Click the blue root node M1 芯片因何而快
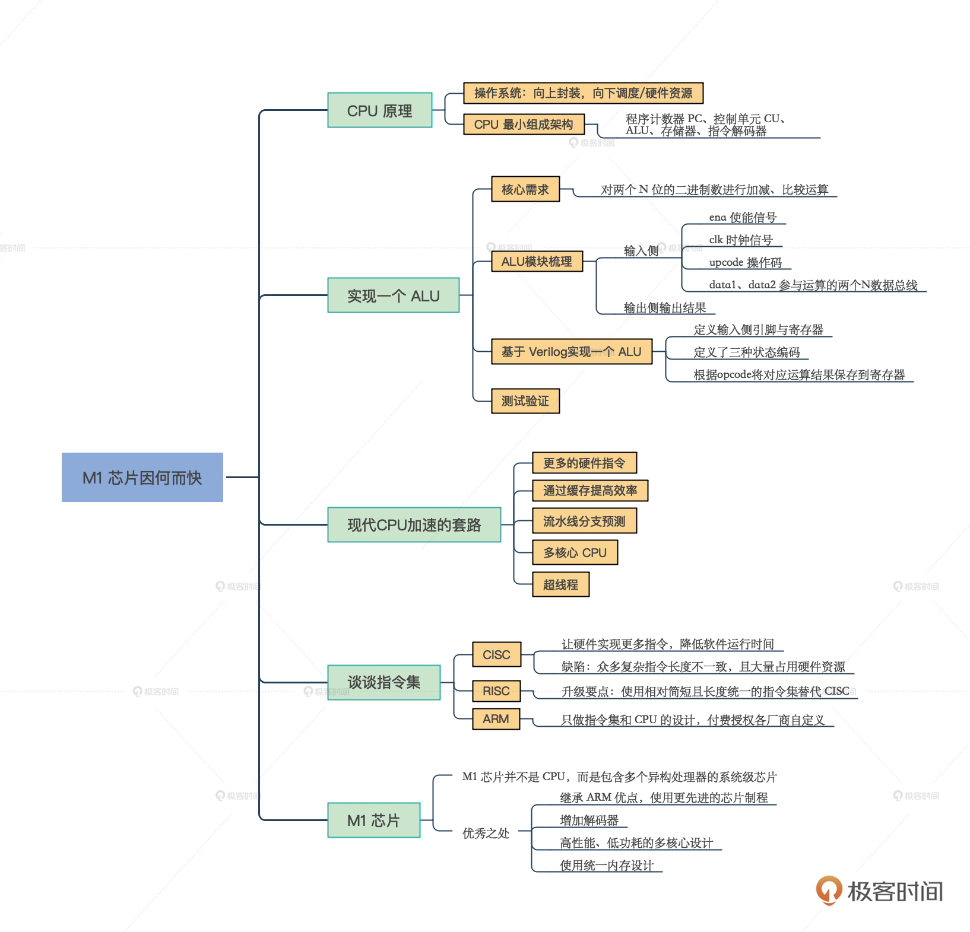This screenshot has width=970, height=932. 142,478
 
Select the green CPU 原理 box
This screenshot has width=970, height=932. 380,110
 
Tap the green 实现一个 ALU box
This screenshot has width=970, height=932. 393,295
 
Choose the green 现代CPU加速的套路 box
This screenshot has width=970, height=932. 414,525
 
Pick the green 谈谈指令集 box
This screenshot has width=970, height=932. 383,682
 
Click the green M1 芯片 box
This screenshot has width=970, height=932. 373,820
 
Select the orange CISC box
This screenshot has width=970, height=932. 496,655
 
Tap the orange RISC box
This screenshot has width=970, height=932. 496,691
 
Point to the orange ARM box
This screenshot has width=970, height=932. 496,719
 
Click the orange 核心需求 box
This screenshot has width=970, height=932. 525,189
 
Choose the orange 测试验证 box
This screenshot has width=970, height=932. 525,401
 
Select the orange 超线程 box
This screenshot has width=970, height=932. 560,584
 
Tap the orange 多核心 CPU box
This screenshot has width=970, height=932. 575,553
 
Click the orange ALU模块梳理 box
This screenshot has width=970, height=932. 537,262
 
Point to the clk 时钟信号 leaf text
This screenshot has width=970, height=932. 741,240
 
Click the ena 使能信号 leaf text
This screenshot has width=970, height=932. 743,217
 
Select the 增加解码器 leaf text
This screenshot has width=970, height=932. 589,820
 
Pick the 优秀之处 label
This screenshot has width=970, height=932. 486,834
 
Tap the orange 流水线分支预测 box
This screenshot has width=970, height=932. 584,521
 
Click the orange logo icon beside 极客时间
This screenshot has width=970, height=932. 829,890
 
